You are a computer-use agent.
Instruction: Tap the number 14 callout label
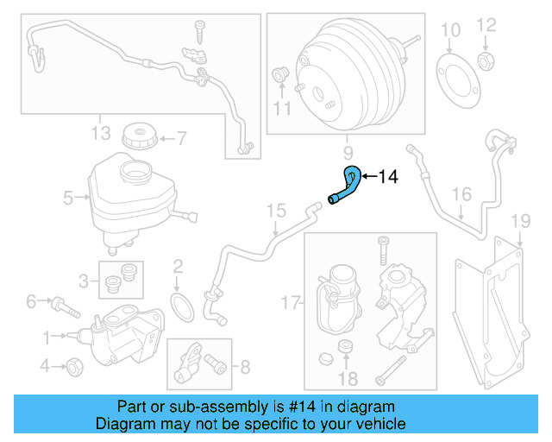(387, 177)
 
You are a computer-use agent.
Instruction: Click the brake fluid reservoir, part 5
(129, 197)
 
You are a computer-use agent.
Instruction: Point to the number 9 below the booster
(348, 153)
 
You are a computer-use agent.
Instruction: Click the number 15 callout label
(274, 210)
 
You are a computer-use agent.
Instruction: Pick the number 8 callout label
(244, 368)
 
